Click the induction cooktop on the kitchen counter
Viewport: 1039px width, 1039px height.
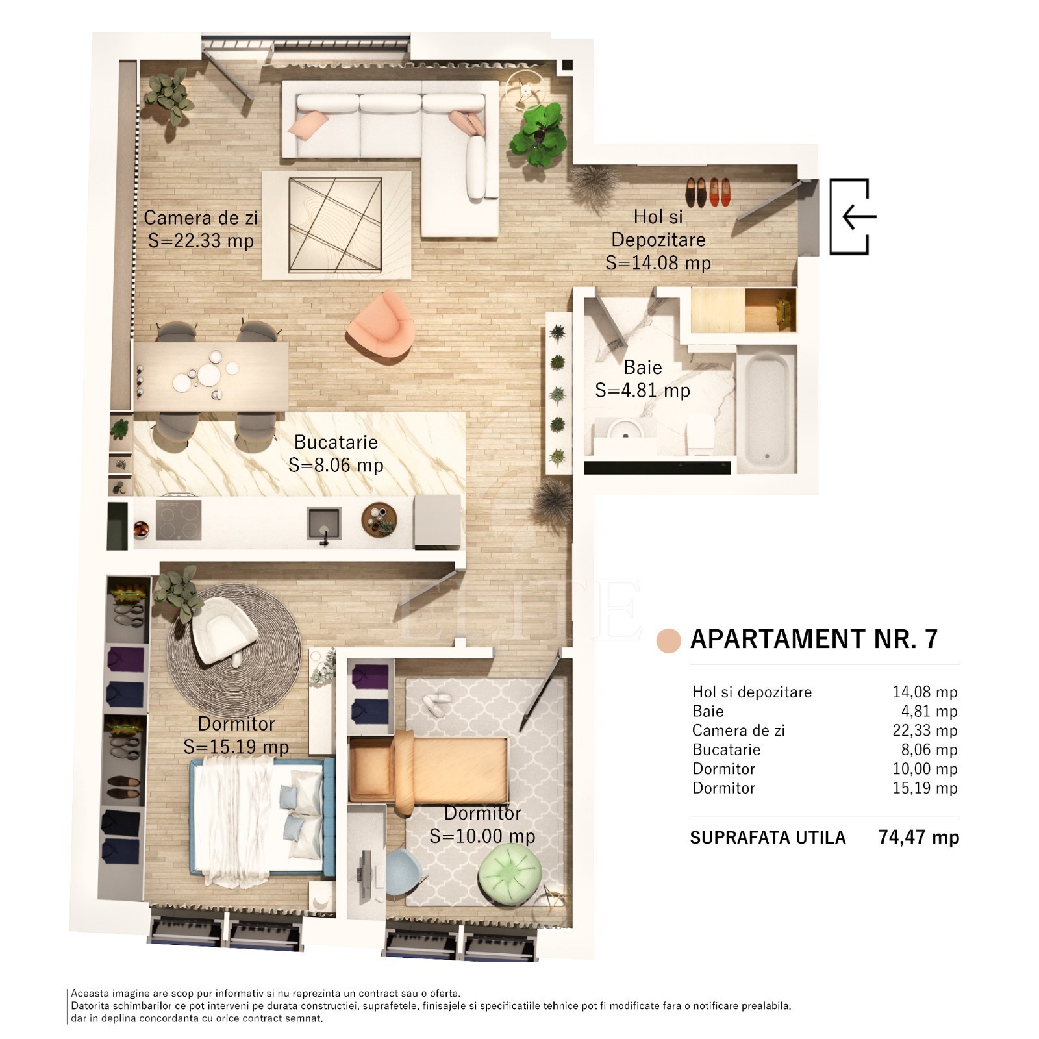coord(178,520)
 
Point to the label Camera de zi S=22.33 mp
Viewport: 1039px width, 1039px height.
coord(201,229)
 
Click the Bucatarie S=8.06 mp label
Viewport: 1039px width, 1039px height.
coord(336,453)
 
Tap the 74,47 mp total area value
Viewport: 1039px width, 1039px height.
coord(918,836)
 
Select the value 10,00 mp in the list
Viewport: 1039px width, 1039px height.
coord(925,768)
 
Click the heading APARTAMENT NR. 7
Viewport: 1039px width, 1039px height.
coord(814,639)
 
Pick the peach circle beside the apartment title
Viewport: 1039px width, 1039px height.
coord(668,640)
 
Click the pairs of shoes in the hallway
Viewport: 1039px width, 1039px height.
coord(708,192)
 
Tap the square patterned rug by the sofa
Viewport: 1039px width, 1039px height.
coord(336,225)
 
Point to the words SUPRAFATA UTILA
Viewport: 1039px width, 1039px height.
coord(768,838)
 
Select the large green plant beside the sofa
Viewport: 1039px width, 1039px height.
coord(537,133)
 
